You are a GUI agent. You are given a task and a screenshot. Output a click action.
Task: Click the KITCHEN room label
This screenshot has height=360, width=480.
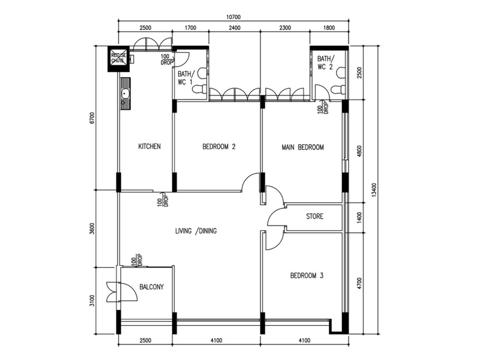149,146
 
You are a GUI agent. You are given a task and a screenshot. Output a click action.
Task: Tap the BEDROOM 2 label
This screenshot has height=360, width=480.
219,146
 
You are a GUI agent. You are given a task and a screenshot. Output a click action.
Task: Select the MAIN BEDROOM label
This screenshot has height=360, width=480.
303,147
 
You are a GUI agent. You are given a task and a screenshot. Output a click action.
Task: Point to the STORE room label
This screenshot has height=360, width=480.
314,217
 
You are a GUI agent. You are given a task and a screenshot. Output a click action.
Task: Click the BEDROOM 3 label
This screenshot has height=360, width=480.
307,275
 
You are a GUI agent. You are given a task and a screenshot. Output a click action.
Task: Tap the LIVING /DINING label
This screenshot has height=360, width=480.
196,231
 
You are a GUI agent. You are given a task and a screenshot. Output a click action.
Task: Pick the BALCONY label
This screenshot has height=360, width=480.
152,287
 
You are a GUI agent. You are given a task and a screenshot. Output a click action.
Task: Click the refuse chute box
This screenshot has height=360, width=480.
118,58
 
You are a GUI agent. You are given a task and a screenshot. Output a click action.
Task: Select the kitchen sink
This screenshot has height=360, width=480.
125,94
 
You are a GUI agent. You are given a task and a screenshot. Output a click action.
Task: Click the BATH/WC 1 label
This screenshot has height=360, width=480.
185,78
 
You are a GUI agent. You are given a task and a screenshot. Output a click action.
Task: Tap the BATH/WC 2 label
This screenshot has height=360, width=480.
325,62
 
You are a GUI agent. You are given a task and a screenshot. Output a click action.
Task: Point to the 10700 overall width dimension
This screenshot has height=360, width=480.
233,17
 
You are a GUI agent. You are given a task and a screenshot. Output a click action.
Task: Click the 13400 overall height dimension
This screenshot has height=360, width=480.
373,190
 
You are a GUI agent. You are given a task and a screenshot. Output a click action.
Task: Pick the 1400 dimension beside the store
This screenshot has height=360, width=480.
359,217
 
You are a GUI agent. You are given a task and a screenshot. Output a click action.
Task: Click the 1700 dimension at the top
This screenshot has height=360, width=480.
190,28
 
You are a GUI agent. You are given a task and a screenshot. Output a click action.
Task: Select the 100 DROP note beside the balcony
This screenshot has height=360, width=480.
137,260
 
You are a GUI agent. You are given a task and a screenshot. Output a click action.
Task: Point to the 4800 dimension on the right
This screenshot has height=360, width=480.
359,151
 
